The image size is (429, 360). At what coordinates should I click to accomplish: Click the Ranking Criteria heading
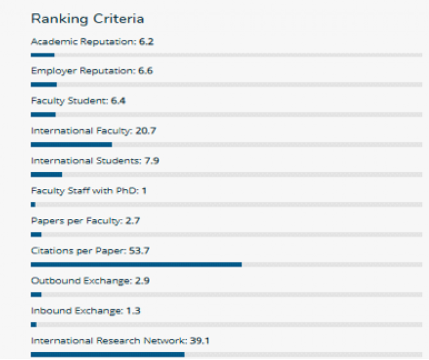tap(88, 19)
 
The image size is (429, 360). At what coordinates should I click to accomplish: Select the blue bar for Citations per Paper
tap(136, 265)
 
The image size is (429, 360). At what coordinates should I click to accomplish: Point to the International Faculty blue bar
tap(71, 145)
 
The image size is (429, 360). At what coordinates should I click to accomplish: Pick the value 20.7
tap(145, 131)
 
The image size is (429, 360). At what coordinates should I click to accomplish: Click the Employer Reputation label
tap(83, 71)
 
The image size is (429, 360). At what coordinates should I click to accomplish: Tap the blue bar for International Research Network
tap(108, 354)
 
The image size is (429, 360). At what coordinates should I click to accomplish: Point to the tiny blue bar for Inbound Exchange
tap(34, 325)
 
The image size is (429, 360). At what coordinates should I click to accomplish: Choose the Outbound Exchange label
tap(81, 280)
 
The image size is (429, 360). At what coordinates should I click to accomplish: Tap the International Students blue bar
tap(47, 174)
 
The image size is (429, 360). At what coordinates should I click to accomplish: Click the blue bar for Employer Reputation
tap(44, 85)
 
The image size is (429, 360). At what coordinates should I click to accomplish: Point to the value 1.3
tap(133, 310)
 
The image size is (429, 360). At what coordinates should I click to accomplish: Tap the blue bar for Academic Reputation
tap(43, 55)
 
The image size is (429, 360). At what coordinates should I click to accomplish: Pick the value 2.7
tap(133, 220)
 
